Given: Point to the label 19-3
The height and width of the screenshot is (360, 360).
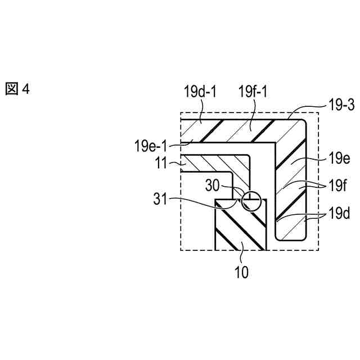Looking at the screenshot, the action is coord(340,105).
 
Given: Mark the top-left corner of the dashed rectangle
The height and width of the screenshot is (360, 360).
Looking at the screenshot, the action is coord(180,112).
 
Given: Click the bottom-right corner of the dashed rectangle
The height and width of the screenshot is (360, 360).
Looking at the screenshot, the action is coord(318,250).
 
